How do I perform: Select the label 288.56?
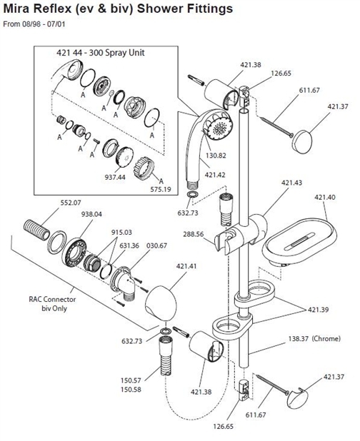193,233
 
